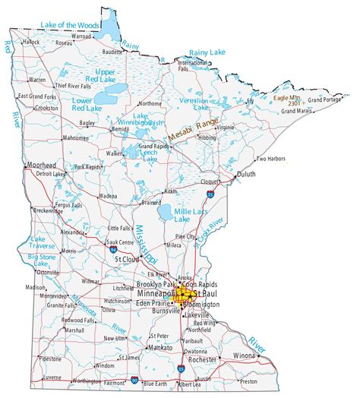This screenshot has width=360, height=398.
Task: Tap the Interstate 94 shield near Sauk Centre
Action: [113, 248]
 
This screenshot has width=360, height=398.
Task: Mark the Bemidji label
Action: [120, 129]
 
